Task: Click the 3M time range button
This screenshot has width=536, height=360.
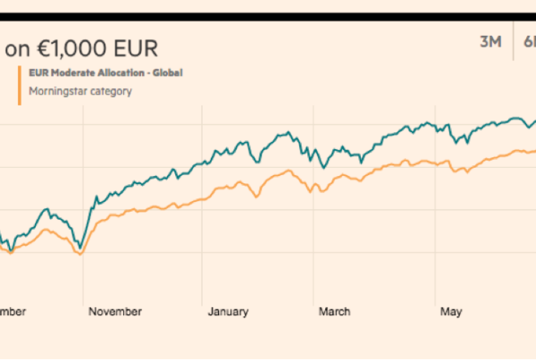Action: [x=490, y=43]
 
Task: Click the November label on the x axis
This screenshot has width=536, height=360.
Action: [x=115, y=311]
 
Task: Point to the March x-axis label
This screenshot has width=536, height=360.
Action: [x=335, y=311]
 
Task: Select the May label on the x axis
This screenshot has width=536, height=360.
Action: [x=451, y=311]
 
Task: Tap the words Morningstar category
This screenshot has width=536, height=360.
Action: [x=80, y=90]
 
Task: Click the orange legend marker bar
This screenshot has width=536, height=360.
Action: [x=19, y=82]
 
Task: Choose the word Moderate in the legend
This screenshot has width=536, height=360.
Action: [x=75, y=72]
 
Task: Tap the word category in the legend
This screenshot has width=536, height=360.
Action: [x=110, y=90]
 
